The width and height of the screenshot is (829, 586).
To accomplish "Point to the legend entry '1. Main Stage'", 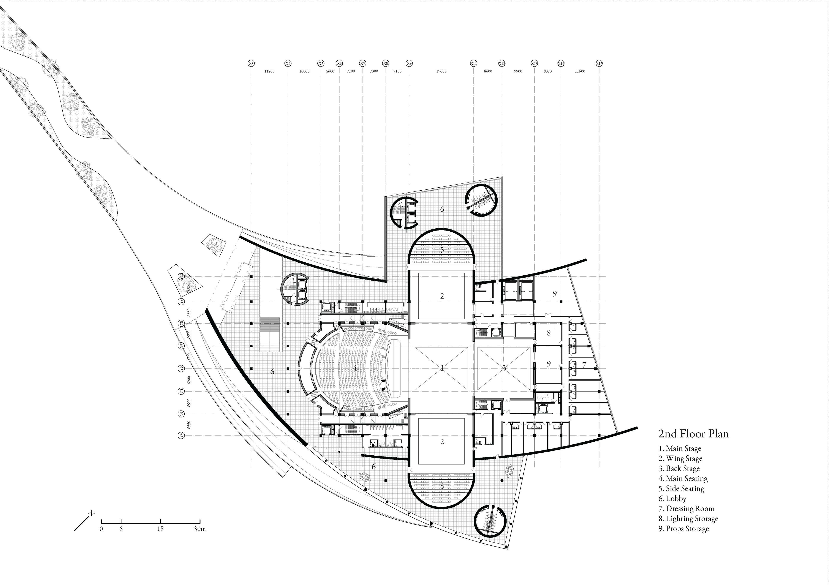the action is click(x=680, y=449).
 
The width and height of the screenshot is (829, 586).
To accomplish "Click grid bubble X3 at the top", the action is click(x=251, y=63).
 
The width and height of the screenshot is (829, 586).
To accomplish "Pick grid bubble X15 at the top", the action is click(x=599, y=63).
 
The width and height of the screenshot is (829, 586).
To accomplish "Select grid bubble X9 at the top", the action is click(x=409, y=63).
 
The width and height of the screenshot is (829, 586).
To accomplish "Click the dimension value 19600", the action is click(x=441, y=71).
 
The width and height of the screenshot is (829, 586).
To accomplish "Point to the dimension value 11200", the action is click(x=269, y=71).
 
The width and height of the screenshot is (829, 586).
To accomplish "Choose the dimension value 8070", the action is click(x=547, y=71).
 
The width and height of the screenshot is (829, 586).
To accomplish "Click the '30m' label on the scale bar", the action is click(x=200, y=529).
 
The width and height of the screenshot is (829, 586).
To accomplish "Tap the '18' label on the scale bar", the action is click(x=160, y=529).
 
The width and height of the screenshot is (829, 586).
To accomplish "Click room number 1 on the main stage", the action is click(x=442, y=368).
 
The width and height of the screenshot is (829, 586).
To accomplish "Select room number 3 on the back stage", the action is click(x=504, y=368).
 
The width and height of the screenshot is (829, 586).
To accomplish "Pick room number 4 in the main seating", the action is click(x=355, y=368).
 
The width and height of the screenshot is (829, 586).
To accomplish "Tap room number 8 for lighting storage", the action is click(x=548, y=333).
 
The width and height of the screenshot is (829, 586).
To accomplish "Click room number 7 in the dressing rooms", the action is click(x=584, y=365).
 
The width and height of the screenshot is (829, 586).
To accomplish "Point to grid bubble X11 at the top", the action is click(x=473, y=63).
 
